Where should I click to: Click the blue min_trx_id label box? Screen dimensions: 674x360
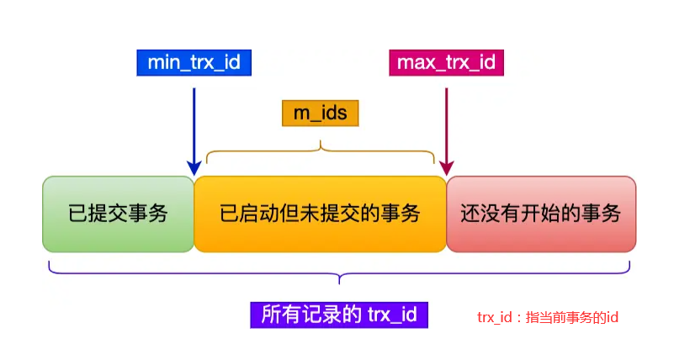[194, 63]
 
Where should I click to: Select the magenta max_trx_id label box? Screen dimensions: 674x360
[446, 63]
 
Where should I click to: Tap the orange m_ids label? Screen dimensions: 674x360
[321, 113]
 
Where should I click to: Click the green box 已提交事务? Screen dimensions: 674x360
[118, 214]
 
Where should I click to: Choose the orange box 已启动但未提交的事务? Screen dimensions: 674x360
[321, 214]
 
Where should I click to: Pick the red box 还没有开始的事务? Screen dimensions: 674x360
[541, 214]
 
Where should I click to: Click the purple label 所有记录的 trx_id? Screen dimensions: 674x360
[339, 315]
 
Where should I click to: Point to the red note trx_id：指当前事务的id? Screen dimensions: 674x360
[548, 317]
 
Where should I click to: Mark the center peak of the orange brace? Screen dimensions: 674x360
[321, 142]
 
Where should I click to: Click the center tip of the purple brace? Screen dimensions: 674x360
[339, 283]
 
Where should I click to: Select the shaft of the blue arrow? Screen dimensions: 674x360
[194, 125]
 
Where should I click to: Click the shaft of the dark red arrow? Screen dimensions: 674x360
[447, 125]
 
